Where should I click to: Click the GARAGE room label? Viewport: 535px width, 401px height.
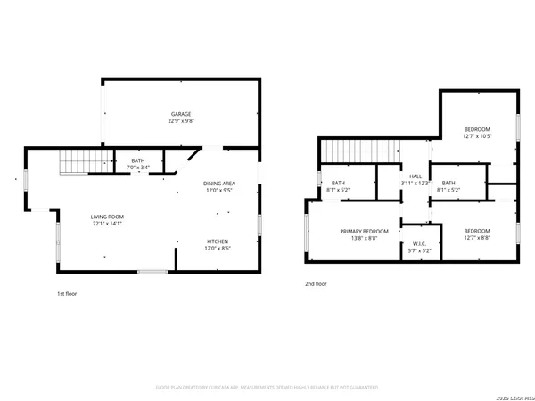click(182, 114)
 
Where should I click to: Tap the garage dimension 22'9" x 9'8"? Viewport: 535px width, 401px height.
click(182, 121)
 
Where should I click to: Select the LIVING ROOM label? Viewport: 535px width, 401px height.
click(107, 217)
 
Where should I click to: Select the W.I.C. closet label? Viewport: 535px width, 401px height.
click(420, 244)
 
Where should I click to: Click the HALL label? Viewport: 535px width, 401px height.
click(416, 176)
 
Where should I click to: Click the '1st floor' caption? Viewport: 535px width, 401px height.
click(68, 293)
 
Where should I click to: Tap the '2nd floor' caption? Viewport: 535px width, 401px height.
click(316, 283)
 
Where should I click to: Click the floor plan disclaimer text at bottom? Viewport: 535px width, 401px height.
click(267, 388)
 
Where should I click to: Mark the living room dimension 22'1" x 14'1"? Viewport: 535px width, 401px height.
click(107, 224)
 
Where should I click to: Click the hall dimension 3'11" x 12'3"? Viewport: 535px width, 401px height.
click(416, 184)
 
